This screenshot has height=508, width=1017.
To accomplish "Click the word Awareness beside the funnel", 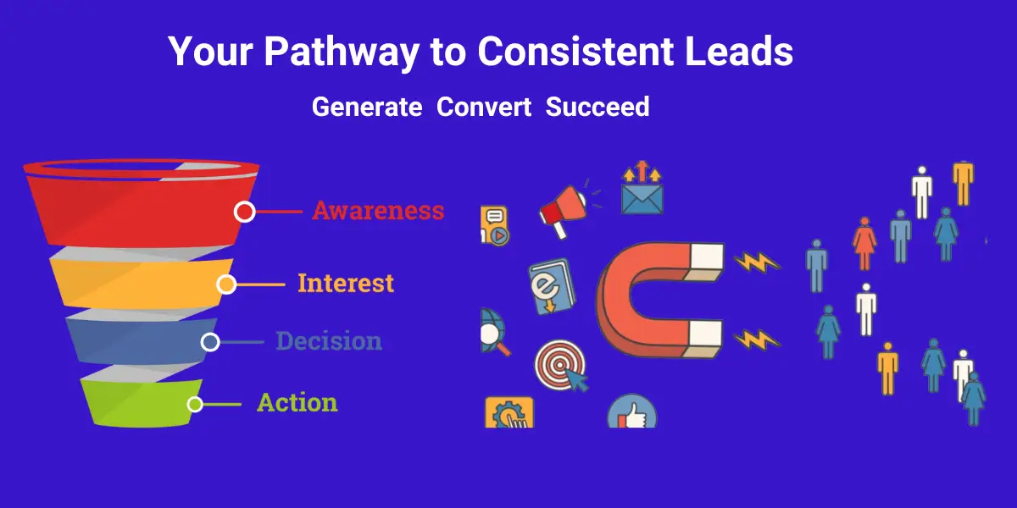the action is (378, 211).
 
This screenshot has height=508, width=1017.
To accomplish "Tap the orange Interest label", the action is (346, 283).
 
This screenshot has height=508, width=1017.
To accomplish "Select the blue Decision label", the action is (329, 340).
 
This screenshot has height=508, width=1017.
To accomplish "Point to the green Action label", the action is (297, 402).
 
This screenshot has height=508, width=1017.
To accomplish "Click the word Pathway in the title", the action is (342, 52).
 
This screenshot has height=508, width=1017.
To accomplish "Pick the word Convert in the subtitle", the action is (484, 107).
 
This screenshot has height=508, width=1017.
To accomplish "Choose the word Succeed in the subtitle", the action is (597, 107).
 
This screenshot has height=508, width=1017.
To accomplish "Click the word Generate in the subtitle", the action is (367, 107).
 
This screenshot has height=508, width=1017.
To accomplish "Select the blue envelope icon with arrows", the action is (642, 187).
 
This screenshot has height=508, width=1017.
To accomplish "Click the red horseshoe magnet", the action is (659, 300).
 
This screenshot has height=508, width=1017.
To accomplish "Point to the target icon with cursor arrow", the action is (561, 366).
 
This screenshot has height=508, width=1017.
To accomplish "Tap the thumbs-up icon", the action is (632, 411).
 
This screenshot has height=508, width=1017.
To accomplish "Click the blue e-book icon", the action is (552, 287).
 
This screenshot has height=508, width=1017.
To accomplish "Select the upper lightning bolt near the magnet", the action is (757, 262).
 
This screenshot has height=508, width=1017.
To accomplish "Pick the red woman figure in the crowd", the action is (864, 243).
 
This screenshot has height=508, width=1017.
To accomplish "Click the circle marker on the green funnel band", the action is (195, 404).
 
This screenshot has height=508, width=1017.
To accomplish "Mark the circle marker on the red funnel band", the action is (245, 212).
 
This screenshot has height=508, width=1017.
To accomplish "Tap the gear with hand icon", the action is (509, 412).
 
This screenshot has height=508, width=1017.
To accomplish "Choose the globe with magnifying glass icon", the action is (494, 332).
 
